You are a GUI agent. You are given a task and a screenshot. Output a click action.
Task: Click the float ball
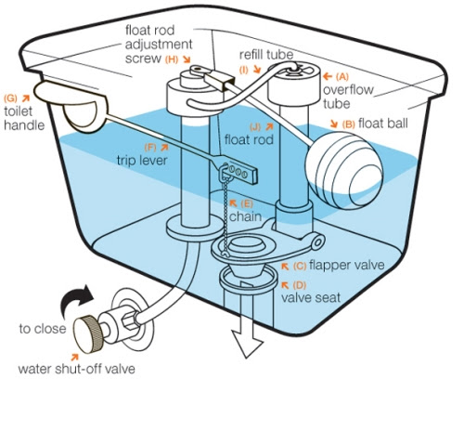click(x=344, y=170)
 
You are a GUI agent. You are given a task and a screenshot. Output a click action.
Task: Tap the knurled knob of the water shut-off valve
click(x=88, y=334)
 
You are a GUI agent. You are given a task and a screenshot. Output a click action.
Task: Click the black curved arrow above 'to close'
click(x=76, y=300)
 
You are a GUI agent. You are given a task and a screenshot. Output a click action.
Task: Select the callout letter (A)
click(x=342, y=76)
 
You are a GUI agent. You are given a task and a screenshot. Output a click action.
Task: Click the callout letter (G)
click(x=10, y=98)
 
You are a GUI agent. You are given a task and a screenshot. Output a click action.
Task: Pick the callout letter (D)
click(x=299, y=285)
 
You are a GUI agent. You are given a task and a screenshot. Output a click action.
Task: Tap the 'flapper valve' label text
click(x=346, y=265)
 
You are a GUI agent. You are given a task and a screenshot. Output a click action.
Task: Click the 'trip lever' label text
click(x=142, y=161)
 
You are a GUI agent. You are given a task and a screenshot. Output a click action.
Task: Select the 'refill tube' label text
click(x=266, y=55)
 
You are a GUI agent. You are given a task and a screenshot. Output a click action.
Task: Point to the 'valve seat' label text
click(x=311, y=298)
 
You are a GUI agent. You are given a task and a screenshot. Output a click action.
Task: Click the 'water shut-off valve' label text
click(x=76, y=369)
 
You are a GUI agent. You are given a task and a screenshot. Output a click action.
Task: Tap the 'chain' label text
click(x=245, y=216)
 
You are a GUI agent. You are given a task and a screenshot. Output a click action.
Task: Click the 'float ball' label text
click(x=383, y=124)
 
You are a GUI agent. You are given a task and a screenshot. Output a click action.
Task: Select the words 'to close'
click(x=43, y=329)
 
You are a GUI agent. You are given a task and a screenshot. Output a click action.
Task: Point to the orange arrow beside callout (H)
click(x=187, y=59)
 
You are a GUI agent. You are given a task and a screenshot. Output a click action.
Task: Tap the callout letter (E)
click(x=247, y=203)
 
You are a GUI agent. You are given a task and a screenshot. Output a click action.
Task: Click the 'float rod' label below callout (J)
click(x=249, y=139)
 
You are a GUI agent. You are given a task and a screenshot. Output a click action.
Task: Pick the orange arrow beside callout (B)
click(x=334, y=124)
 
